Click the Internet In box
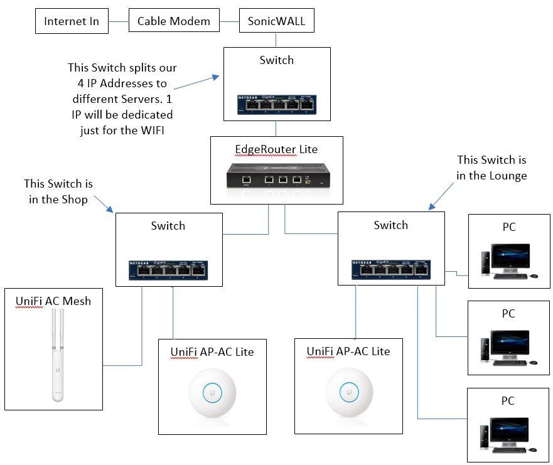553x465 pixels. (x=72, y=22)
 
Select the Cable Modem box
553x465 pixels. (x=174, y=22)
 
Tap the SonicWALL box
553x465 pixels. (x=276, y=22)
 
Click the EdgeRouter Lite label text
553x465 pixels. (x=276, y=149)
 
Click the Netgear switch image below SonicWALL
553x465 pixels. (x=276, y=105)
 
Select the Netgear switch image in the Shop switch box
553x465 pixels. (x=168, y=269)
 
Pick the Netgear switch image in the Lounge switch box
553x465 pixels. (x=391, y=269)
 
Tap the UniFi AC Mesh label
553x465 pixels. (x=53, y=301)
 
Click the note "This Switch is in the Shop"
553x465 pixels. (x=58, y=191)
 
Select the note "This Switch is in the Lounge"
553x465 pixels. (x=491, y=168)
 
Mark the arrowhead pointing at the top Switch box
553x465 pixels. (x=216, y=77)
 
